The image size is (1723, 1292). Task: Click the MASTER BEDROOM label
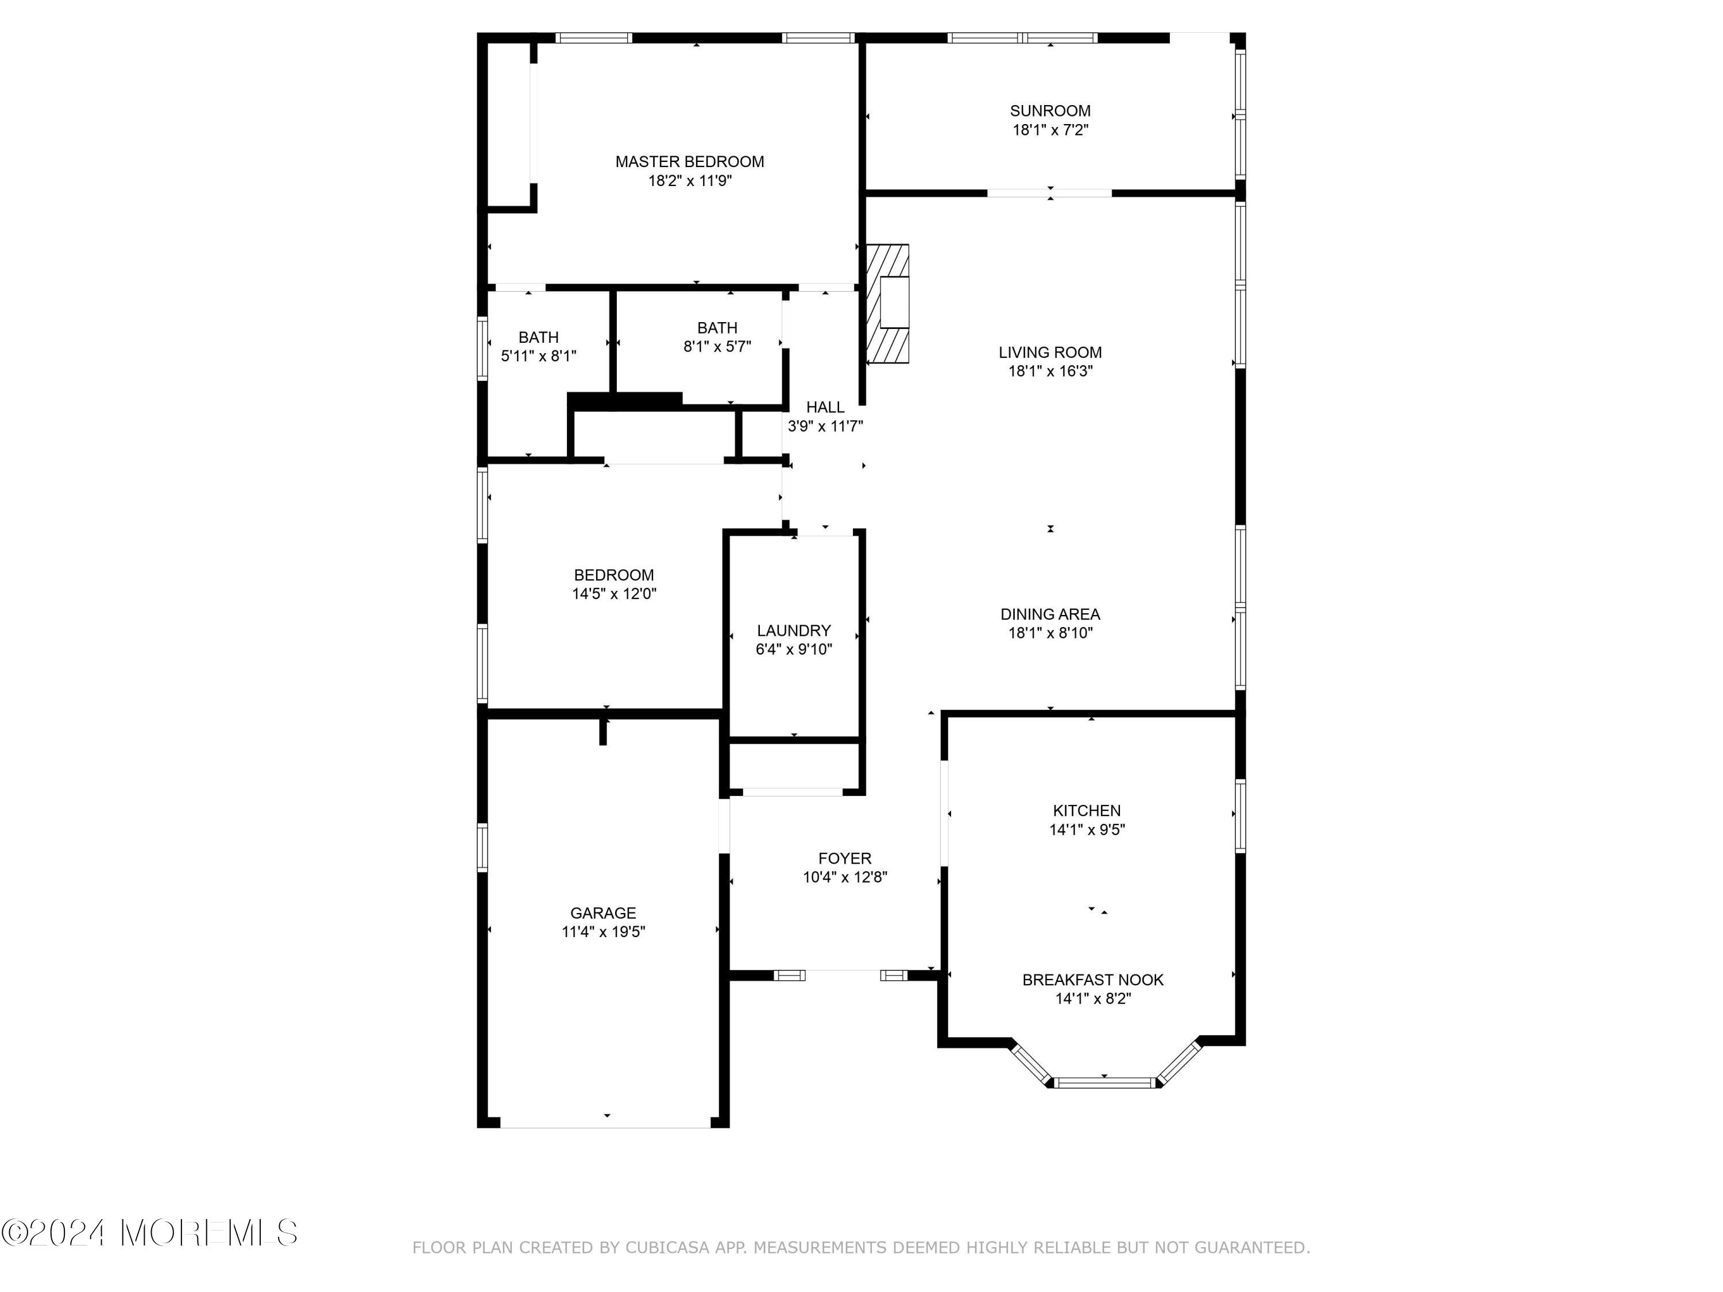tap(689, 162)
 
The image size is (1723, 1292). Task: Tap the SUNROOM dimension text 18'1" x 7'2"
tap(1050, 130)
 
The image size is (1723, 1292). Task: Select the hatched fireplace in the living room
tap(888, 304)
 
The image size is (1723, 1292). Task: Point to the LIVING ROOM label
tap(1050, 353)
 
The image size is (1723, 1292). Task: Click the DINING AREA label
tap(1050, 614)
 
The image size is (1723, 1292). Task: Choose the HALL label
tap(825, 407)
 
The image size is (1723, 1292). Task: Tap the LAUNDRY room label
tap(794, 631)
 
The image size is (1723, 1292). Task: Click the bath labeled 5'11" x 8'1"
tap(538, 347)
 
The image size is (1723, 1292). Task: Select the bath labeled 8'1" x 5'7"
tap(717, 337)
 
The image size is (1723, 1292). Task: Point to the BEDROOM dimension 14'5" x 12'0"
tap(614, 594)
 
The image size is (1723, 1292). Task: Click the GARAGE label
tap(603, 913)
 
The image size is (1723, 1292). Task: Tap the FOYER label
tap(844, 858)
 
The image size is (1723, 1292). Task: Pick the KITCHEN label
tap(1087, 811)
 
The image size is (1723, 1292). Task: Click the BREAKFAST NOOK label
tap(1093, 980)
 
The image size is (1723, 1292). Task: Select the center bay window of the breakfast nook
tap(1104, 1082)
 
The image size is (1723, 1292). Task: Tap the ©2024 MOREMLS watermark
tap(149, 1233)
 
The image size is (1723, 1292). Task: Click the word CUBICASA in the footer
tap(667, 1248)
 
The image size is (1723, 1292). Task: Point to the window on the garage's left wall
tap(482, 848)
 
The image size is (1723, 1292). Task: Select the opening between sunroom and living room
tap(1049, 193)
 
